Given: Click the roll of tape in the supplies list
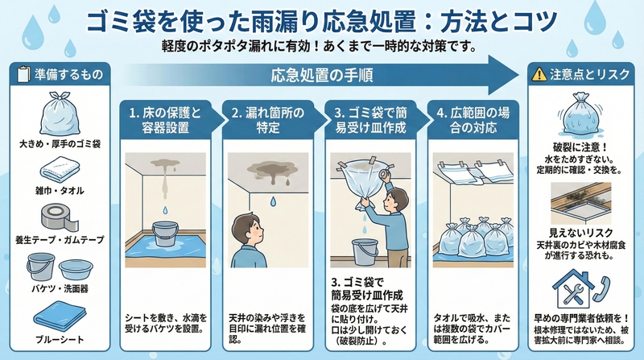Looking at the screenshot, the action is click(x=60, y=217).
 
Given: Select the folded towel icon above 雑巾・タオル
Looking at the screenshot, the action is click(x=60, y=169).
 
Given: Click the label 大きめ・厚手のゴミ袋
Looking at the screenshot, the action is click(x=60, y=144).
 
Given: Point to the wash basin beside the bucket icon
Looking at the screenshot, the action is click(x=76, y=269).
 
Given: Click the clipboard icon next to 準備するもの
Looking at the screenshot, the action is click(x=23, y=74).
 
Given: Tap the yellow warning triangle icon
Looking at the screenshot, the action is click(x=539, y=74).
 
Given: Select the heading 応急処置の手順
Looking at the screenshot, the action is click(x=322, y=76).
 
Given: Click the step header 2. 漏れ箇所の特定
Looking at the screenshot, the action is click(x=268, y=120).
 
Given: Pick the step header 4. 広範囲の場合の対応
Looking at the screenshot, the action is click(x=473, y=120).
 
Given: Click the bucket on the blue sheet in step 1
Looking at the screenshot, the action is click(x=165, y=234).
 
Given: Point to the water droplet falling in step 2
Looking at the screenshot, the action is click(x=273, y=201).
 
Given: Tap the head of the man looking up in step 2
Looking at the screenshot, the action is click(x=246, y=230).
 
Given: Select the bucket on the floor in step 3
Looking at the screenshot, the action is click(x=365, y=252).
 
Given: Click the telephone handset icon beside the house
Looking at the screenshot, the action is click(x=601, y=288).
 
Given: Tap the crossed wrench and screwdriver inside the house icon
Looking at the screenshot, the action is click(x=573, y=294).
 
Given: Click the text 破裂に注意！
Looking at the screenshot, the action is click(x=580, y=147).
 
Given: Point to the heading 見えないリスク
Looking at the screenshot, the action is click(x=580, y=233).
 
